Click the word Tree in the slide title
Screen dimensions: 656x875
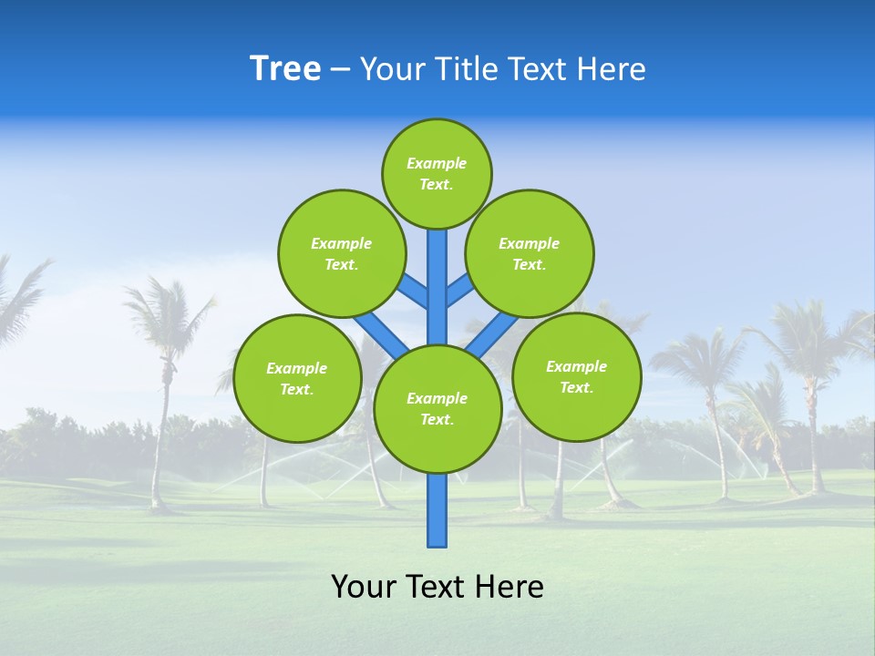(285, 69)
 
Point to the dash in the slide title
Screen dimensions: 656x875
(340, 70)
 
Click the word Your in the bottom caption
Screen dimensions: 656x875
(363, 587)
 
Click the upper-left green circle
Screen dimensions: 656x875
(342, 254)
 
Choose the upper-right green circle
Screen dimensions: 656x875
(530, 254)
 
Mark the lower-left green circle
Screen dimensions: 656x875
(297, 379)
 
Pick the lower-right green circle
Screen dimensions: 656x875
(577, 377)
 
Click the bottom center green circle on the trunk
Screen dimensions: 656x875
(437, 409)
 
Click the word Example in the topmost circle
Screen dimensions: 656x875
(437, 164)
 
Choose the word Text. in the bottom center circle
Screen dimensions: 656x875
(437, 420)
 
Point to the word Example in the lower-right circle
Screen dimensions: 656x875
(576, 367)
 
